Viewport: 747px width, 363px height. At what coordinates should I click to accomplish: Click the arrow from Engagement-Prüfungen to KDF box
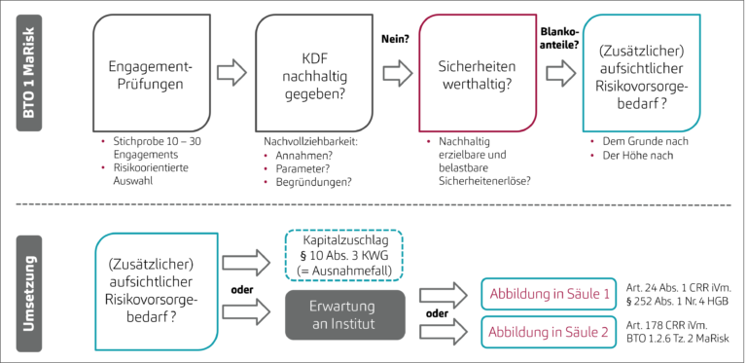pyautogui.click(x=231, y=72)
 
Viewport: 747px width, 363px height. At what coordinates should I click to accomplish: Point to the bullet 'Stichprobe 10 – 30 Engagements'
pyautogui.click(x=153, y=148)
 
